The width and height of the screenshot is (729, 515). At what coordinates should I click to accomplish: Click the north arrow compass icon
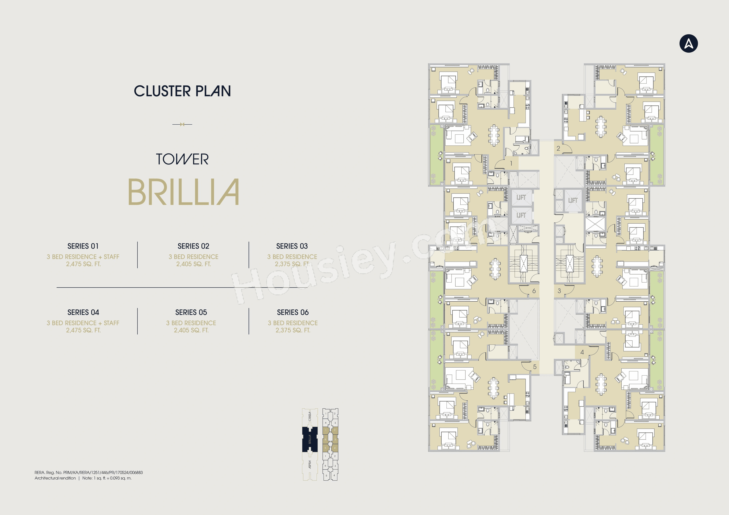(x=688, y=43)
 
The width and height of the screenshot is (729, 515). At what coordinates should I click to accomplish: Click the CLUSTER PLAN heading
(x=182, y=91)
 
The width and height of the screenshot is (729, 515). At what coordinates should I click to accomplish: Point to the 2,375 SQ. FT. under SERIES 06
(x=293, y=330)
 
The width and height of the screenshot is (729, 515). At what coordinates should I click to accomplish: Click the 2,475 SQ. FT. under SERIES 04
(x=83, y=330)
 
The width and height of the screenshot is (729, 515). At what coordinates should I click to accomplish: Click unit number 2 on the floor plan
(x=558, y=148)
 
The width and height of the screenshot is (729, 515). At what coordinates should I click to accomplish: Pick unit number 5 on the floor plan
(x=535, y=367)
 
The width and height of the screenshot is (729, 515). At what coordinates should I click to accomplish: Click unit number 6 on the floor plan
(x=534, y=291)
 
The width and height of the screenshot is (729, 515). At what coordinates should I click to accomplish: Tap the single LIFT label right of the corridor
(x=573, y=200)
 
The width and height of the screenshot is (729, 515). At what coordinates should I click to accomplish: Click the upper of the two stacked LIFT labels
(x=521, y=197)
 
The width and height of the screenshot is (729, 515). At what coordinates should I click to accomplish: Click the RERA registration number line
(x=89, y=473)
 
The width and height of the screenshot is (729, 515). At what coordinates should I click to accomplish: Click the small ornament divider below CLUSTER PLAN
(x=182, y=124)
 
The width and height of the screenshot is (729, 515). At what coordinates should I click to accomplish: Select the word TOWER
(x=182, y=159)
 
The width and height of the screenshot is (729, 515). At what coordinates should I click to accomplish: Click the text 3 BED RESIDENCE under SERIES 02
(x=193, y=257)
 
